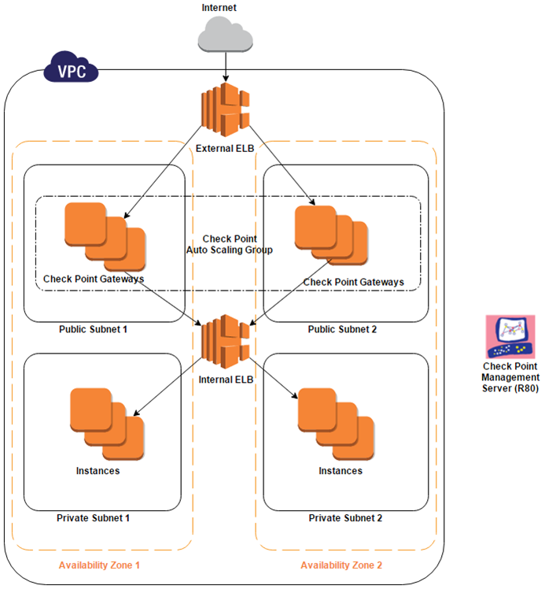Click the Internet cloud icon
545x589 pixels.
(x=226, y=35)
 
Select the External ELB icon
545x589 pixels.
(x=226, y=109)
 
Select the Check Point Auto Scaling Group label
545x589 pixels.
(x=229, y=244)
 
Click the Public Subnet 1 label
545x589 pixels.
(x=93, y=328)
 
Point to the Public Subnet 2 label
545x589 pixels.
(x=342, y=328)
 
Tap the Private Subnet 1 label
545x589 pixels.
(x=93, y=518)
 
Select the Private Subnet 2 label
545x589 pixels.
(x=345, y=518)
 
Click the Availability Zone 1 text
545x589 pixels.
(x=99, y=565)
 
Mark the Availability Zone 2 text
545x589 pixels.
(x=341, y=565)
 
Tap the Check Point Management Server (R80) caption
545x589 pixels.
(x=510, y=377)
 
